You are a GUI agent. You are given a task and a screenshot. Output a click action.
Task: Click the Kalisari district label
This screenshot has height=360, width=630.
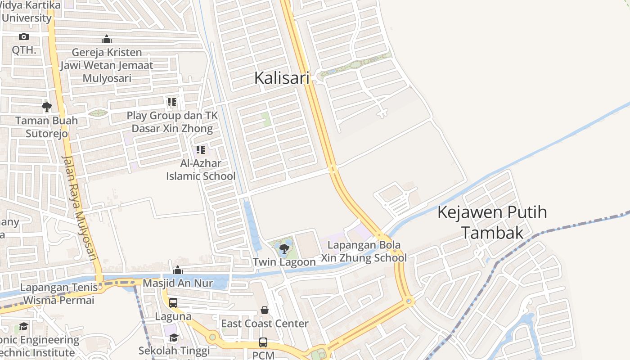(x=282, y=78)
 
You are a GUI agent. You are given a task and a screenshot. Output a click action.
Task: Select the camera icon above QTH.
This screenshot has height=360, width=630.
(x=24, y=37)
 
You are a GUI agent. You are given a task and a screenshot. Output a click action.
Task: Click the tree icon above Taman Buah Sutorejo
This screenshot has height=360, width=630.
(x=46, y=107)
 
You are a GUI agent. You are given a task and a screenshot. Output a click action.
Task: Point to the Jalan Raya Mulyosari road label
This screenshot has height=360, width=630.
(x=80, y=208)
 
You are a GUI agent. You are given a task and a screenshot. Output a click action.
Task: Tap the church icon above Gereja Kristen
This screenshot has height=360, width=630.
(x=107, y=39)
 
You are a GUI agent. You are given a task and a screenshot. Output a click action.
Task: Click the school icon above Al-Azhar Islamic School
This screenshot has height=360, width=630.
(x=200, y=150)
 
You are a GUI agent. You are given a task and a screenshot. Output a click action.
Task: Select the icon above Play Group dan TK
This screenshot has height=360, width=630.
(x=171, y=102)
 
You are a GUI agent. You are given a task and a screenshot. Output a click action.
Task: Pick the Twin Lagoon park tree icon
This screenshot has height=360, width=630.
(x=284, y=248)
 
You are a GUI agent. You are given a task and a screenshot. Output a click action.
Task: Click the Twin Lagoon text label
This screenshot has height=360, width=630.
(x=284, y=262)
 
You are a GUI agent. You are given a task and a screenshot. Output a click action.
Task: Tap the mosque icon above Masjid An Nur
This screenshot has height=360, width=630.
(x=178, y=270)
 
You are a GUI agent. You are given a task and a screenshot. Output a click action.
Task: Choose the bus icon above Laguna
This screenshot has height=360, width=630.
(x=173, y=303)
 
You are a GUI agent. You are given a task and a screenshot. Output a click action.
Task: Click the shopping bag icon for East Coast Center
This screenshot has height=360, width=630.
(x=265, y=310)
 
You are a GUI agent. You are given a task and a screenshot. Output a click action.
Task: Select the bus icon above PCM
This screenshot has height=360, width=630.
(x=263, y=342)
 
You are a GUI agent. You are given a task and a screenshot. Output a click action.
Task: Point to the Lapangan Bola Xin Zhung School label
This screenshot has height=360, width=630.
(x=364, y=252)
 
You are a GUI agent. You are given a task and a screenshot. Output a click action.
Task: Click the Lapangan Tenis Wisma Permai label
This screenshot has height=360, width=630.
(x=59, y=293)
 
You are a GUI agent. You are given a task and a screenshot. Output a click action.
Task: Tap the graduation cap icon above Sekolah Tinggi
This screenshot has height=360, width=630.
(x=174, y=337)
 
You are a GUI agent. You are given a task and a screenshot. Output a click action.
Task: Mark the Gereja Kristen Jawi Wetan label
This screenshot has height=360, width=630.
(x=107, y=65)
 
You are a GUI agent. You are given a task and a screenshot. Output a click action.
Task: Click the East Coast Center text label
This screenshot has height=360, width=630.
(x=265, y=324)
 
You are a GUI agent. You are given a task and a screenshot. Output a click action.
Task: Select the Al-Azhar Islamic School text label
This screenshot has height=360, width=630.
(x=201, y=170)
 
